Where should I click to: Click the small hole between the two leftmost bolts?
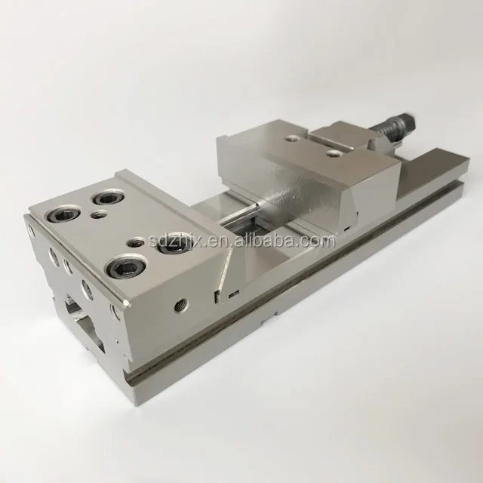(97, 215)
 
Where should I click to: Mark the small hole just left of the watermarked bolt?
(135, 244)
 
